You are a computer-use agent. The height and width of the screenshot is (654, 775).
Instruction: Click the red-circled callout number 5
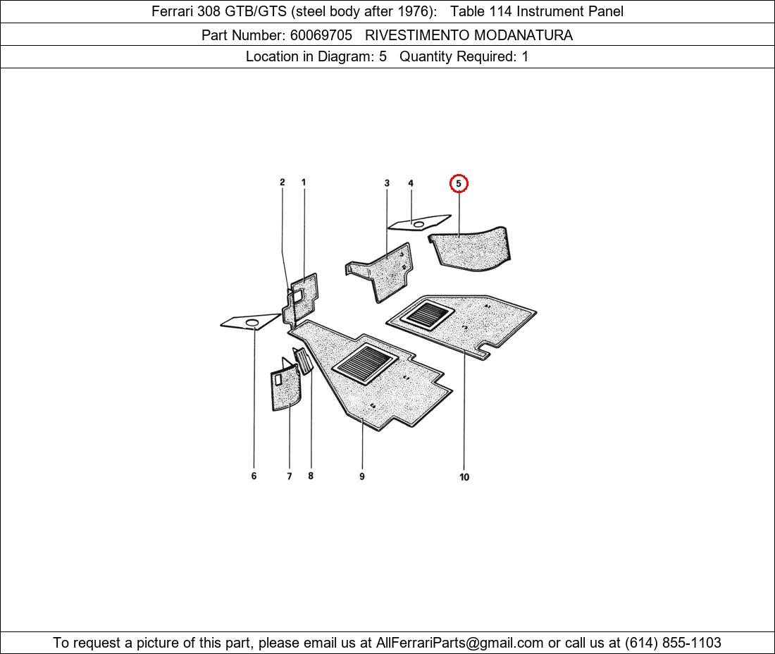[x=459, y=183]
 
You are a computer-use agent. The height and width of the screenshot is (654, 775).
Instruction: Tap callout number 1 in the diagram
[x=304, y=183]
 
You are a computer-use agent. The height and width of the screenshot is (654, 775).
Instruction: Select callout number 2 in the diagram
[x=283, y=183]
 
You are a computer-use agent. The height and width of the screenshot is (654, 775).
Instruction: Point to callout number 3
[x=387, y=183]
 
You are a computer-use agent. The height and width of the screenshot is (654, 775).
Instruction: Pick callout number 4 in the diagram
[x=411, y=183]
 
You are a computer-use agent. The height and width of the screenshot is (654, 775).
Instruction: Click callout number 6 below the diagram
[x=254, y=476]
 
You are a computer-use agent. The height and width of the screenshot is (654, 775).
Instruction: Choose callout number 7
[x=289, y=476]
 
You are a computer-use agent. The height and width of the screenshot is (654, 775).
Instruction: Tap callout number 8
[x=311, y=476]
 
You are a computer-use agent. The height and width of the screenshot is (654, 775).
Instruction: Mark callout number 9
[x=362, y=476]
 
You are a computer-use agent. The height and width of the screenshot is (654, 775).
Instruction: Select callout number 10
[x=464, y=477]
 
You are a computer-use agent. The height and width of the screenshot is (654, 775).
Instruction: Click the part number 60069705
[x=321, y=35]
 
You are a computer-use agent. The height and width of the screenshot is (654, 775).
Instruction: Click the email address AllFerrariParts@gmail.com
[x=459, y=643]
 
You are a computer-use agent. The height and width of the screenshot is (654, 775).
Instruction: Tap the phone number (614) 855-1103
[x=673, y=643]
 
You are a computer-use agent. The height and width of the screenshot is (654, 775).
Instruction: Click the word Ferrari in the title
[x=172, y=11]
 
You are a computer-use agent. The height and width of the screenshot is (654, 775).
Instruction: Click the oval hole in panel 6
[x=252, y=323]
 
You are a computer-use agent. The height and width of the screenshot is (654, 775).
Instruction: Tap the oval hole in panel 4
[x=418, y=225]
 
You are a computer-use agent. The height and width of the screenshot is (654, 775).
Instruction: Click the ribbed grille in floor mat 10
[x=427, y=316]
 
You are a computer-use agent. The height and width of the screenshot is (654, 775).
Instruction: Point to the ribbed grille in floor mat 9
[x=365, y=364]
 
